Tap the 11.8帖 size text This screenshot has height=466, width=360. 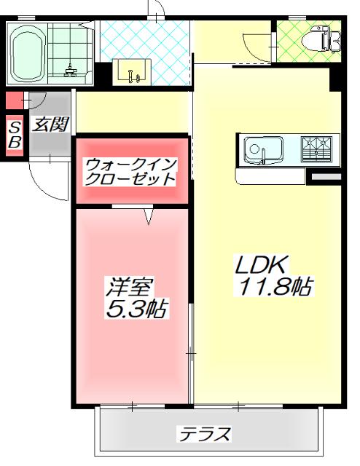click(x=272, y=287)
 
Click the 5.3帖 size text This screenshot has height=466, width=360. click(x=136, y=310)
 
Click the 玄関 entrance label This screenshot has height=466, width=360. click(x=50, y=125)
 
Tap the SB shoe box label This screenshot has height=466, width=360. click(x=14, y=135)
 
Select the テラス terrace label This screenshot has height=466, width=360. click(x=206, y=435)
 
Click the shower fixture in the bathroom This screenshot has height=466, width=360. click(x=71, y=70)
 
